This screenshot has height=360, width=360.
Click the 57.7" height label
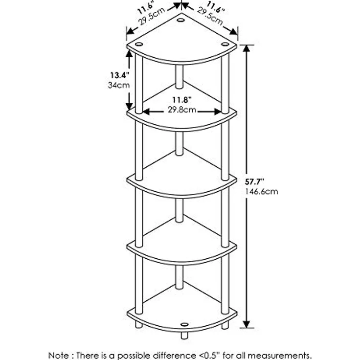pos(254,181)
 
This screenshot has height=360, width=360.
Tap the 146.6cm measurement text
pos(261,191)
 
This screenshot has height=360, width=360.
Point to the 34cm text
pos(119,85)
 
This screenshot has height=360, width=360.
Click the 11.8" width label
pos(182,100)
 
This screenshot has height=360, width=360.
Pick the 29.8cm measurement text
pos(182,110)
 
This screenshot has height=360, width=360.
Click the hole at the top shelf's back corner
pos(180,20)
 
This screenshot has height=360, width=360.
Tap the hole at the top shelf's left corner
pos(139,44)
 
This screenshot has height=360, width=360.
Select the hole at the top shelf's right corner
pos(225,44)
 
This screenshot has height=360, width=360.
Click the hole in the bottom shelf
pos(184,324)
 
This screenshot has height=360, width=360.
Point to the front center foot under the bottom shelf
pos(184,336)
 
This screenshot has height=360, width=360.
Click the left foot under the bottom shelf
pos(139,325)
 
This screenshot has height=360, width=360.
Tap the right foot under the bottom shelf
pos(225,325)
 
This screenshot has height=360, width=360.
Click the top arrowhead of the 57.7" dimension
pos(247,49)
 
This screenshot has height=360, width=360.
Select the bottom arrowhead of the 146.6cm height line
pos(247,324)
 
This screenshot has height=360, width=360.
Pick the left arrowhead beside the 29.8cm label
pos(146,112)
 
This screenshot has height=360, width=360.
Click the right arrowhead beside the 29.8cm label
pos(218,112)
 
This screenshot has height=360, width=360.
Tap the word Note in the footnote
pos(58,355)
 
